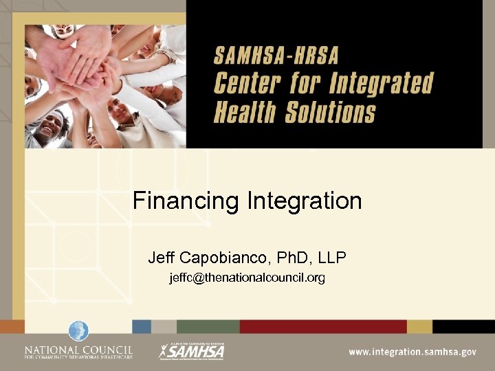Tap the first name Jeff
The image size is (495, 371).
[x=162, y=258]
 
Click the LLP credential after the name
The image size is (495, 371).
[x=332, y=258]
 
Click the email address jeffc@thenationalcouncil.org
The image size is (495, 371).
[x=247, y=278]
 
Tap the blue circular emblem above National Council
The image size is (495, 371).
[x=78, y=331]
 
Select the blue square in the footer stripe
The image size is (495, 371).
[x=142, y=326]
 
